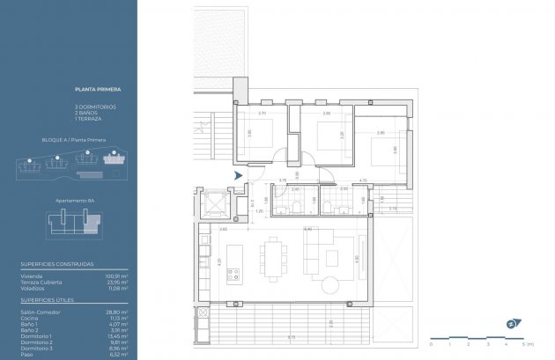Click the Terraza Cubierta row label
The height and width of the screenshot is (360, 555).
click(x=39, y=282)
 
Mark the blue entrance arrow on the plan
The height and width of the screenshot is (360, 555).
click(x=238, y=175)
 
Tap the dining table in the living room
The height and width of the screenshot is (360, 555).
click(x=272, y=258)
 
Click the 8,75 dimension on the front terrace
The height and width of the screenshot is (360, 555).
click(x=292, y=338)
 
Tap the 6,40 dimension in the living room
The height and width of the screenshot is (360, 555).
click(x=307, y=229)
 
